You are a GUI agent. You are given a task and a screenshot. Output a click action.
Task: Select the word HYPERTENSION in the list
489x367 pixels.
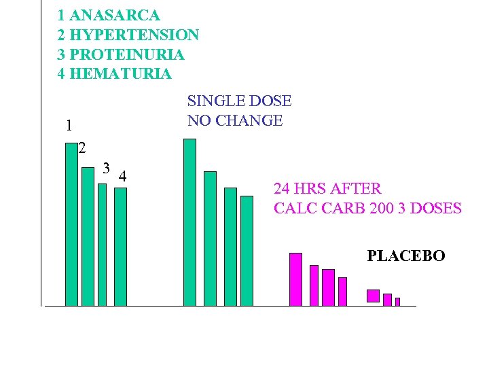pos(135,34)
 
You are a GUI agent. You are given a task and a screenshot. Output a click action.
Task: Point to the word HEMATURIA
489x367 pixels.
pos(121,73)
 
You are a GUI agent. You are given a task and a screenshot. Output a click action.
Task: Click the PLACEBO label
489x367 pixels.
pos(406,256)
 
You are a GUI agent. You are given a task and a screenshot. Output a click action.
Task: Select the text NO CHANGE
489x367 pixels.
pos(235,121)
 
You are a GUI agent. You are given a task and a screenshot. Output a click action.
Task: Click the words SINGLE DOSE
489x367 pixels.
pos(239,101)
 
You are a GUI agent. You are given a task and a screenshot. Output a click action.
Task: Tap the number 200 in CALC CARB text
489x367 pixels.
pos(382,208)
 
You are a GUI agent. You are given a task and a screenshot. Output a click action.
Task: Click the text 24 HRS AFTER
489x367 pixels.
pos(327,188)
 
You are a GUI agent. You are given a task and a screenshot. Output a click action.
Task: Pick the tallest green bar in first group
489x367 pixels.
pos(71,224)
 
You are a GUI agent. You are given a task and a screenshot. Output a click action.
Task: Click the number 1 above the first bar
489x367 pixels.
pos(69,126)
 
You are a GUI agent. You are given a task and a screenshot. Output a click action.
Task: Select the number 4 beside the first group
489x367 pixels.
pos(122,177)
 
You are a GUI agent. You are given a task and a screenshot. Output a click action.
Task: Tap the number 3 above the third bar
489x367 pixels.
pos(106,167)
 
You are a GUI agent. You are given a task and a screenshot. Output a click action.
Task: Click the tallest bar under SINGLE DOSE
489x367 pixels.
pos(189,223)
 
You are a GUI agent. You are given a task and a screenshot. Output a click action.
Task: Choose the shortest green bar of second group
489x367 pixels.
pos(247,251)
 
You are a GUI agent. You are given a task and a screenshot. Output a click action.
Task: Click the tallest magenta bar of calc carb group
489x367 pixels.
pos(295,279)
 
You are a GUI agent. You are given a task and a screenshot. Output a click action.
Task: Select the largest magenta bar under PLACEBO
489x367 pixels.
pos(373,296)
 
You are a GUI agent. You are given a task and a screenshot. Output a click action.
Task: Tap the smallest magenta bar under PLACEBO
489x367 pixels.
pos(397,302)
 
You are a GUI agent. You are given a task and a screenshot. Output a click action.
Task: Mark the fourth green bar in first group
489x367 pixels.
pos(120,247)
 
